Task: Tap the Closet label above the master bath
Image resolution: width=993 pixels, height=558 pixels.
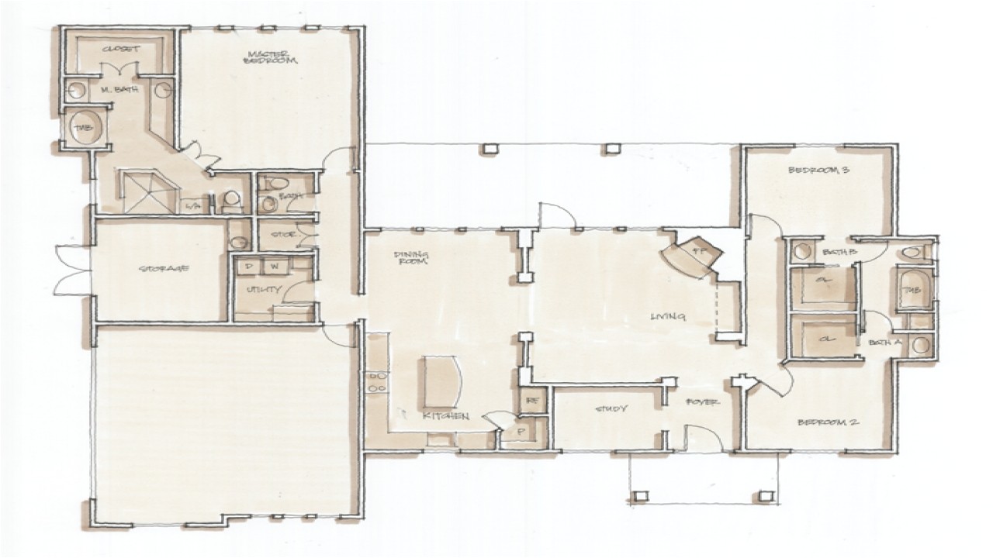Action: [x=121, y=49]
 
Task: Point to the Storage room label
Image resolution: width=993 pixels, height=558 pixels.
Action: [x=164, y=269]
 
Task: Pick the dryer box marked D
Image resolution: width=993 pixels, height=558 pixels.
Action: [x=249, y=266]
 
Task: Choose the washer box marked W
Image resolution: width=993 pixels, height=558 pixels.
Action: [x=275, y=266]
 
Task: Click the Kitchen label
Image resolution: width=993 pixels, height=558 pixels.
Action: [x=445, y=416]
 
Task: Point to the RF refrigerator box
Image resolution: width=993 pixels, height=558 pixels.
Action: [x=533, y=401]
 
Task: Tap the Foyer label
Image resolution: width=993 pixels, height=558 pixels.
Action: [x=704, y=403]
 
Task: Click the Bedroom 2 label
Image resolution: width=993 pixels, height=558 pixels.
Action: [x=827, y=422]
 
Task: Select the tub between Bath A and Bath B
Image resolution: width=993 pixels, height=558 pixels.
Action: [x=909, y=289]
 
